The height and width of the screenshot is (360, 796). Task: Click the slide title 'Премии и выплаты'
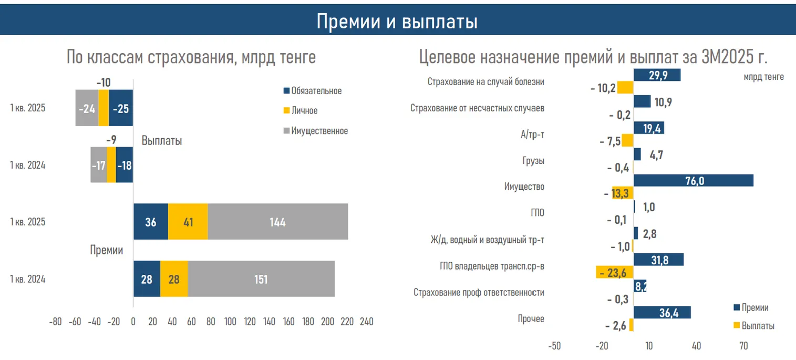[x=397, y=22]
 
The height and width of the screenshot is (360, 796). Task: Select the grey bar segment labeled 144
[x=277, y=222]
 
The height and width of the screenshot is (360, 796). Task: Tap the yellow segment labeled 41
[x=188, y=222]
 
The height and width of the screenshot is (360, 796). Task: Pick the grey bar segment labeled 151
[x=261, y=279]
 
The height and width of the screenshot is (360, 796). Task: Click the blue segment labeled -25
[x=121, y=108]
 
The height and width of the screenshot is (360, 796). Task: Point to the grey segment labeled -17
[x=99, y=165]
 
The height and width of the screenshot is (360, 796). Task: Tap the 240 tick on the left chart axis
[x=366, y=321]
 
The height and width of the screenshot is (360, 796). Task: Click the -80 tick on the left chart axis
[x=55, y=321]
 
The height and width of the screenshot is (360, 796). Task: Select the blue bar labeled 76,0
[x=694, y=181]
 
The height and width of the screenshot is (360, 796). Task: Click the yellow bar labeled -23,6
[x=615, y=272]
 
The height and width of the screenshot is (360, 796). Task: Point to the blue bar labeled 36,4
[x=662, y=312]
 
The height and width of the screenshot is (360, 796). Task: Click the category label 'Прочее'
[x=531, y=318]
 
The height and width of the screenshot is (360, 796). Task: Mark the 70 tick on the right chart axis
[x=743, y=346]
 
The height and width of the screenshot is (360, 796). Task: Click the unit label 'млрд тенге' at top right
[x=763, y=77]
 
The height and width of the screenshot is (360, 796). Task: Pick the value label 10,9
[x=663, y=102]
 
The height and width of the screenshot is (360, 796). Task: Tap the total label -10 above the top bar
[x=104, y=82]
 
